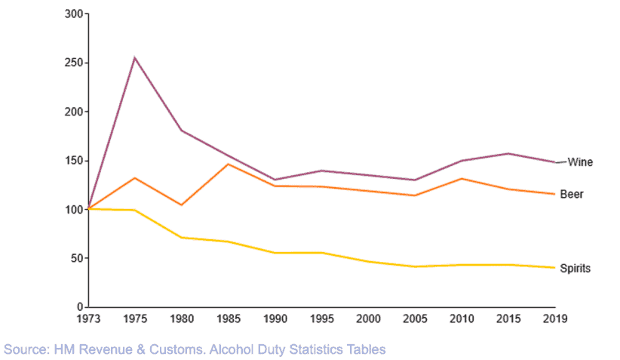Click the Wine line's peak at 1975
click(x=134, y=58)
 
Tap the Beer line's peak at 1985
click(x=228, y=164)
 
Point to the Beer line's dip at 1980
click(x=181, y=205)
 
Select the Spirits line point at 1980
click(x=181, y=238)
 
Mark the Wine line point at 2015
click(x=508, y=153)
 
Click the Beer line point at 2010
click(x=462, y=179)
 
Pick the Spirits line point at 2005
click(x=415, y=266)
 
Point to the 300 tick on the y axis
click(x=74, y=14)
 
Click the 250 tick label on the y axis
click(x=74, y=63)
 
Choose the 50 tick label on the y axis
click(x=77, y=259)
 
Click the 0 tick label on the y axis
click(x=79, y=307)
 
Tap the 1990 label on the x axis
click(x=275, y=319)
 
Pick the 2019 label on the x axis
click(x=555, y=319)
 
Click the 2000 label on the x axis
click(x=368, y=319)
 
